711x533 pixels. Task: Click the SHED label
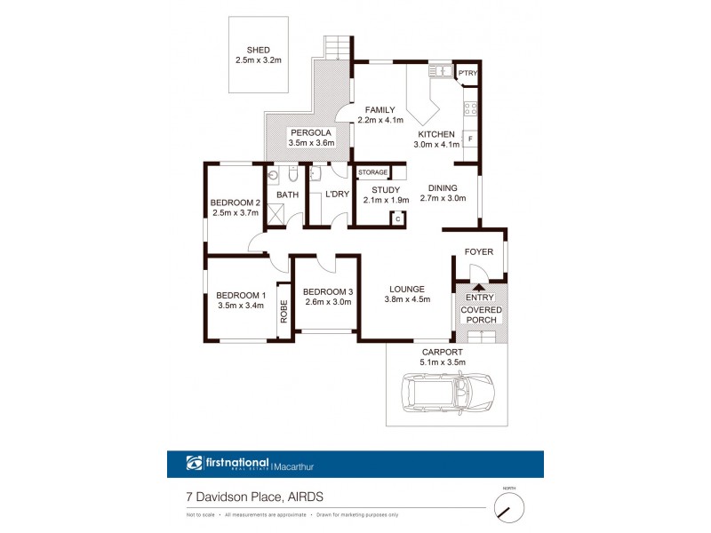[258, 50]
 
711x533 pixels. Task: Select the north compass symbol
[508, 508]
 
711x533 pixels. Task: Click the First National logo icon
[195, 463]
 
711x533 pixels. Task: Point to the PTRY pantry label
[467, 74]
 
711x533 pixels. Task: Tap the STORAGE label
[372, 172]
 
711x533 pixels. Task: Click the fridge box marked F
[471, 139]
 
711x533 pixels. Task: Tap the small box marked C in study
[398, 218]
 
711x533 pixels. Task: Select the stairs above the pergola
[337, 47]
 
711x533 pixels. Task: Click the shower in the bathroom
[276, 214]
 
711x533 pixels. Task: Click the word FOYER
[479, 251]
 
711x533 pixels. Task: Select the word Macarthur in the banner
[298, 463]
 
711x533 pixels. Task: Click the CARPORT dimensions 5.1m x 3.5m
[446, 362]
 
